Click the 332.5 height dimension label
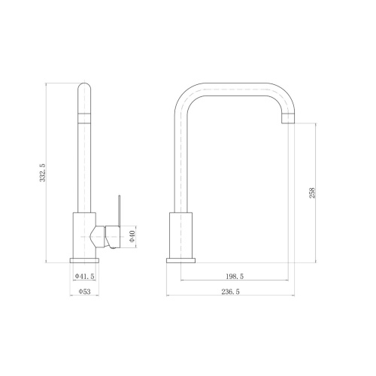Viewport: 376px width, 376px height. [x=43, y=173]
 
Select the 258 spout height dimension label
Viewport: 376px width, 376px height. [x=312, y=193]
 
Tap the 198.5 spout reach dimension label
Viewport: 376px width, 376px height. [x=235, y=277]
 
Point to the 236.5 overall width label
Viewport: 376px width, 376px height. [x=230, y=292]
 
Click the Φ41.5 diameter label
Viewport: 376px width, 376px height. [x=84, y=276]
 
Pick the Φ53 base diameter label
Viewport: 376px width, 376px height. [x=84, y=292]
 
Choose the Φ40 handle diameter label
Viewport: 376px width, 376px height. [x=132, y=236]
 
